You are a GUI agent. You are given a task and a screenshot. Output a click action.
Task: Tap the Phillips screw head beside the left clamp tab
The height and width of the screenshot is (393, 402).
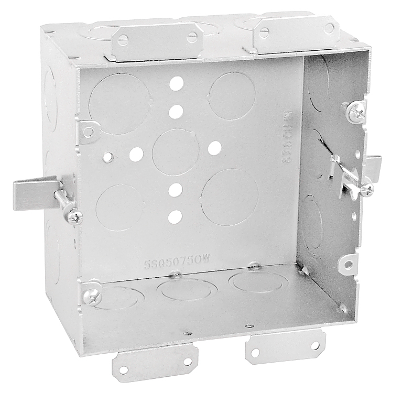(x=72, y=214)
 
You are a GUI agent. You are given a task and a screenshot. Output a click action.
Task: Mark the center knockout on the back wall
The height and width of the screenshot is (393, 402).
(x=176, y=152)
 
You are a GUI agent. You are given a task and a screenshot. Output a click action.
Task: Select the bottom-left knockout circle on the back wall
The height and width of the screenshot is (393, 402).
(x=119, y=208)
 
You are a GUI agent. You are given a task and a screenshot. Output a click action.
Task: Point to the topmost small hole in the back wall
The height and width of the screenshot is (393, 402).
(x=177, y=82)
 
